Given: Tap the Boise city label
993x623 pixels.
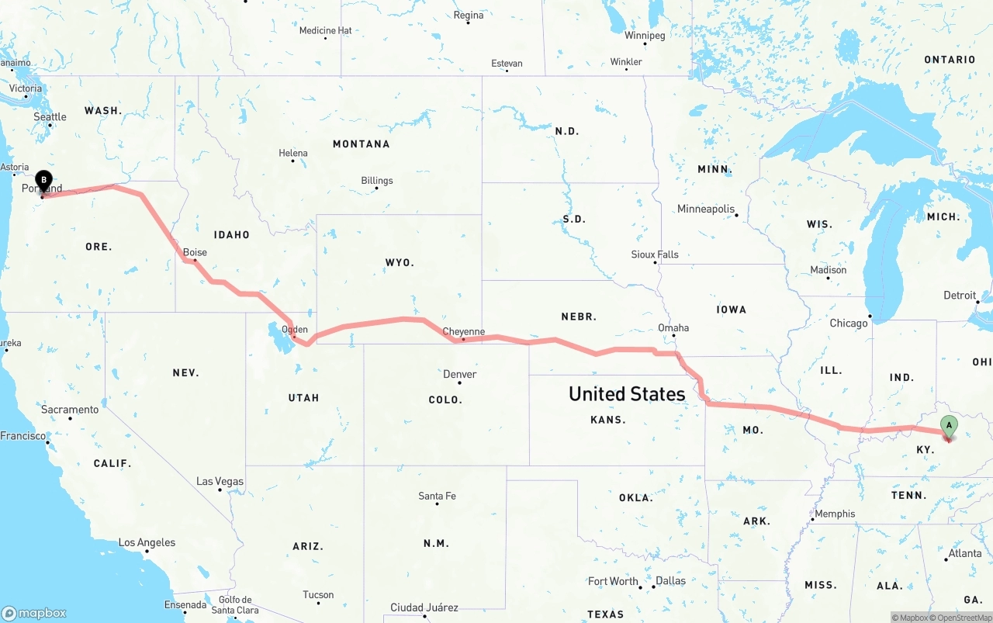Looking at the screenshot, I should click(195, 252).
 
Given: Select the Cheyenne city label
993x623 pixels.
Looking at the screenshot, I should click(463, 331).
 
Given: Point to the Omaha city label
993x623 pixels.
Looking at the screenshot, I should click(673, 327).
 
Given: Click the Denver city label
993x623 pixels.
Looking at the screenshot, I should click(459, 374).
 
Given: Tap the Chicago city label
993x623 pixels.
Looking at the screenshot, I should click(849, 323).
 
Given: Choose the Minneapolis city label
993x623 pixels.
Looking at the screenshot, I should click(705, 209).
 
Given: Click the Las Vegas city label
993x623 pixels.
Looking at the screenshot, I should click(220, 481).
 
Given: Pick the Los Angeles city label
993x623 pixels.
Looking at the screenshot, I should click(147, 542).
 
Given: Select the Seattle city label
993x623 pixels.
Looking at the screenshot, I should click(50, 116).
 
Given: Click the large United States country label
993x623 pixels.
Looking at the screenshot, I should click(627, 393).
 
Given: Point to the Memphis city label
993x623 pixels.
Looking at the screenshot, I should click(835, 514).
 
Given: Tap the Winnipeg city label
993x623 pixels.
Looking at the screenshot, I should click(645, 36).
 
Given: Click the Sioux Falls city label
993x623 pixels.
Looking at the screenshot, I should click(655, 254).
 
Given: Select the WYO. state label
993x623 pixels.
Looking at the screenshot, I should click(400, 262).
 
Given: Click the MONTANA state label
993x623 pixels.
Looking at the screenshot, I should click(361, 144).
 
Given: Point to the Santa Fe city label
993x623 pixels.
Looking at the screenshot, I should click(437, 496).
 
